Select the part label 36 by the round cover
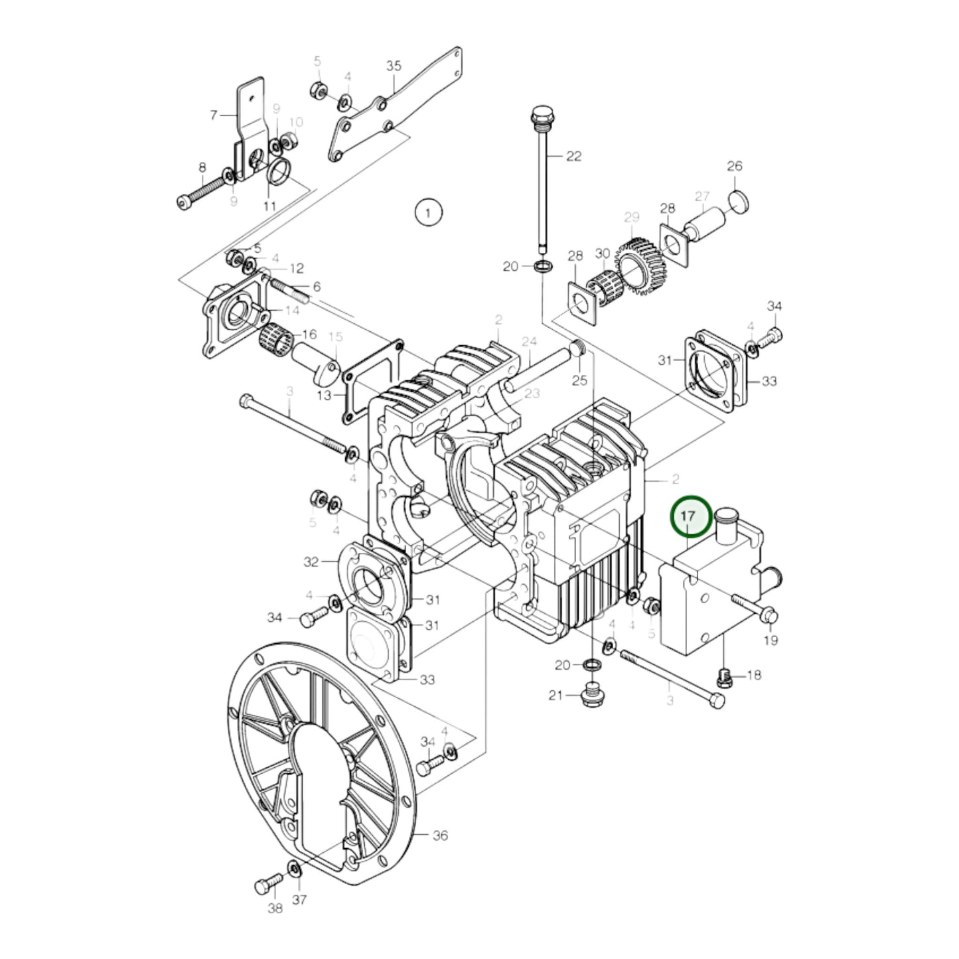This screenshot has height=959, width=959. coord(440,835)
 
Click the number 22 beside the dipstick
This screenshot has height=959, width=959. coord(573,156)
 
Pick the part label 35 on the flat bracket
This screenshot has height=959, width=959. coord(394,66)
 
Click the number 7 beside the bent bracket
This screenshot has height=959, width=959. coord(213,115)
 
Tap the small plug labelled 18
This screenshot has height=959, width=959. coord(725,678)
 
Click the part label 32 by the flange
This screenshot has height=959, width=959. coord(311,562)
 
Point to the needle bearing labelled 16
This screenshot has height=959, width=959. coord(275,346)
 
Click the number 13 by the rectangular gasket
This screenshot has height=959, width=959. coord(323,396)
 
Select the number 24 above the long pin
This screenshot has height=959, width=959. coord(529,342)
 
